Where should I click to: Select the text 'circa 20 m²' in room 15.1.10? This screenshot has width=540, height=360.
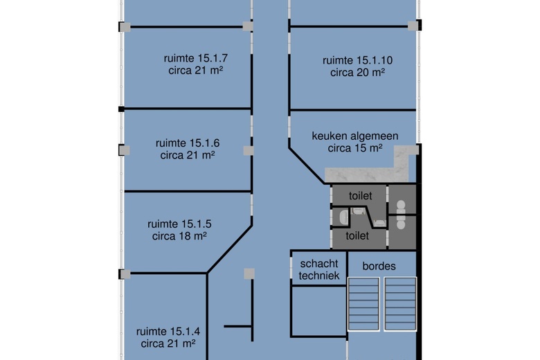click(x=357, y=72)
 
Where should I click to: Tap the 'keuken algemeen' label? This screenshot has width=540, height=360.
click(x=354, y=136)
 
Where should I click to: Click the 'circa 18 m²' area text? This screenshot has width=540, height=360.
click(x=179, y=235)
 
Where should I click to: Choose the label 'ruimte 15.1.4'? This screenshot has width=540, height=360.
click(x=168, y=330)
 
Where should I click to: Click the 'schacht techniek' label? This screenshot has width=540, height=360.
click(x=318, y=269)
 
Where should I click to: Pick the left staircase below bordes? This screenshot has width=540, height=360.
click(x=363, y=303)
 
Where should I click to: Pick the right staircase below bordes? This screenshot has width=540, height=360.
click(x=401, y=303)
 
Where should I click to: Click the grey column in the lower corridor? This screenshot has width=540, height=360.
click(x=249, y=274)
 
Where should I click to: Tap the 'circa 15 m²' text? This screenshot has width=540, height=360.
click(x=355, y=147)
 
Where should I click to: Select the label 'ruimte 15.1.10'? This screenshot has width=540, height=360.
click(x=357, y=60)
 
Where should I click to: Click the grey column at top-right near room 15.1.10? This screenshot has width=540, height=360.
click(x=413, y=26)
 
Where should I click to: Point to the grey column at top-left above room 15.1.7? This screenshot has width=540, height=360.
click(x=124, y=27)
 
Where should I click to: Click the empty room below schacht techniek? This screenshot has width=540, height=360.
click(x=318, y=312)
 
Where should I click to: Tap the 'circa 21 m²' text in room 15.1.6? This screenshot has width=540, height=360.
click(x=187, y=155)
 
